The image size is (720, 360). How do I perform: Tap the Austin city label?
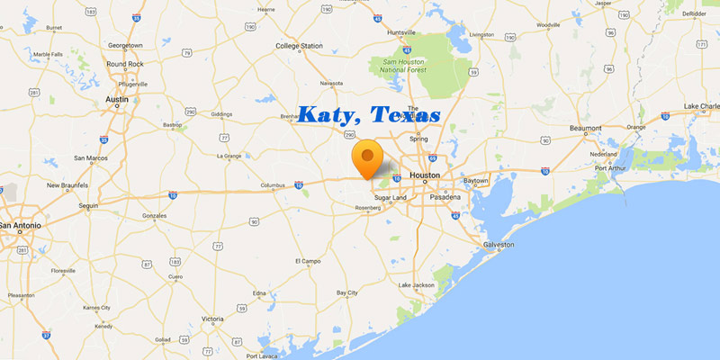point(117,99)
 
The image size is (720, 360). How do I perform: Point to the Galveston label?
point(499,245)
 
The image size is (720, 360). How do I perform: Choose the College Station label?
point(299,45)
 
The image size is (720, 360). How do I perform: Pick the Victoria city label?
point(212,319)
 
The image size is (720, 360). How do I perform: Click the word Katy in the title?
point(328,116)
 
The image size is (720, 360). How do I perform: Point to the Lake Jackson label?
point(417,285)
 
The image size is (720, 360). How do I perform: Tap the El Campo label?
point(308,261)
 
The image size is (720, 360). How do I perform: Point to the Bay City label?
point(347,292)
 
